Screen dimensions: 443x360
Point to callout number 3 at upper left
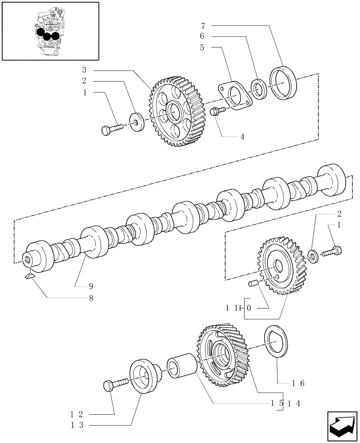coord(84,70)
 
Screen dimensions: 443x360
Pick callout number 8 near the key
coord(91,299)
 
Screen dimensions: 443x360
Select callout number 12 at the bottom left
coord(77,414)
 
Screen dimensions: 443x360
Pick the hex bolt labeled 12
coord(115,383)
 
